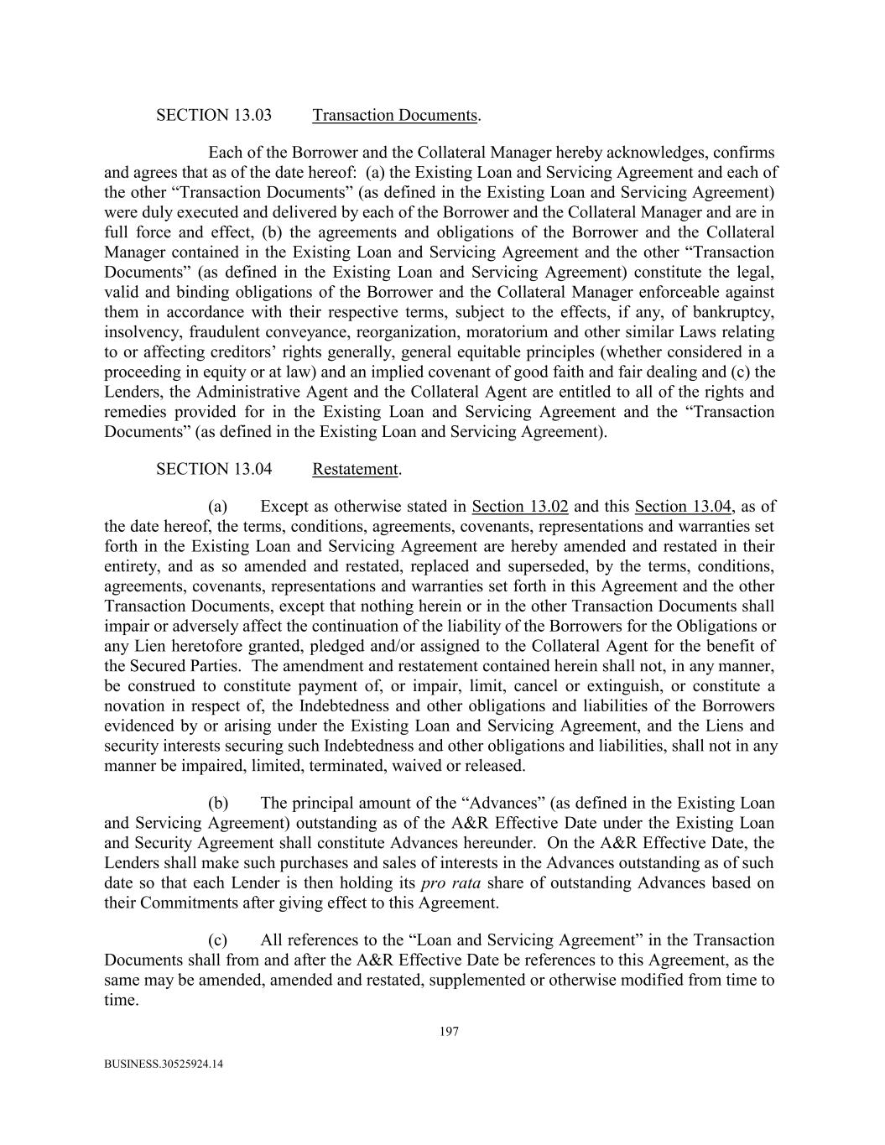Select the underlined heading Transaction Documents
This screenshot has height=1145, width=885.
tap(394, 115)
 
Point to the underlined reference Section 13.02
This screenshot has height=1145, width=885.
tap(520, 506)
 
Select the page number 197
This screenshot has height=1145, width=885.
tap(449, 1032)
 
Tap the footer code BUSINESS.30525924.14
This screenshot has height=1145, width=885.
tap(164, 1064)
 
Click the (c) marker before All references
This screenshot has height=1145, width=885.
tap(218, 940)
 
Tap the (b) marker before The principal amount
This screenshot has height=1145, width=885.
tap(218, 803)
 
